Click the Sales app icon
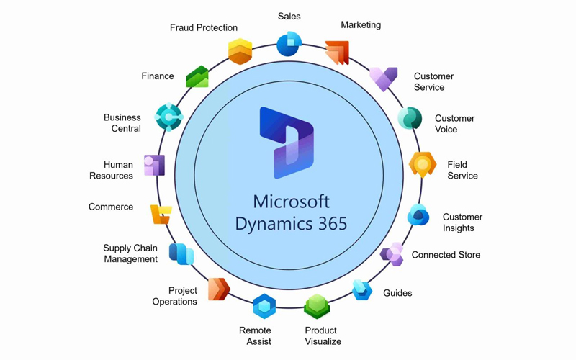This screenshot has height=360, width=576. click(289, 43)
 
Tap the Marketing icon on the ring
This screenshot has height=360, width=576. click(337, 53)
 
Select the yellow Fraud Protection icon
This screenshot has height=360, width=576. click(240, 51)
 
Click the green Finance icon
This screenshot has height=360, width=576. click(197, 76)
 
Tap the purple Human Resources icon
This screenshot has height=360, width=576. click(154, 165)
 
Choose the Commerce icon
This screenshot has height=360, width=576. click(161, 214)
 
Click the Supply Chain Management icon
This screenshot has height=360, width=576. click(181, 253)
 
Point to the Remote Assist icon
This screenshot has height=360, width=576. click(264, 307)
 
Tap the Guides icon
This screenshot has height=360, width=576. click(362, 290)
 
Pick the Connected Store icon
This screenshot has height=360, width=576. click(392, 254)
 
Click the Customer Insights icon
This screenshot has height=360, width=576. click(418, 215)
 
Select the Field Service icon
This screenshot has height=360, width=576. click(422, 165)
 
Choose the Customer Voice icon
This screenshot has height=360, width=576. click(410, 118)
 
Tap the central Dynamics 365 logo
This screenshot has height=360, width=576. click(287, 143)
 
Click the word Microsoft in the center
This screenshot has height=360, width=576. click(291, 201)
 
